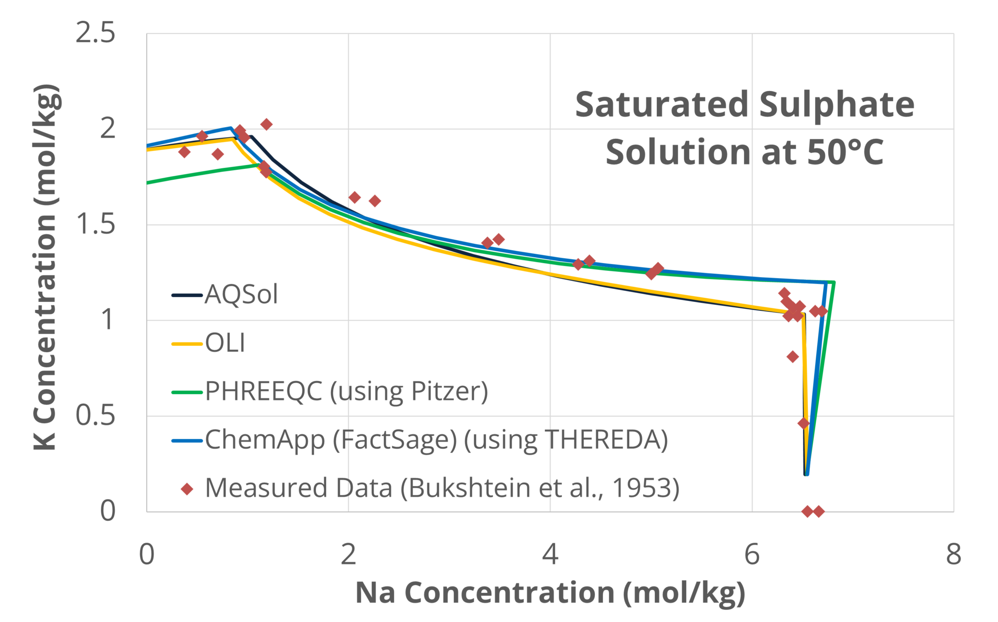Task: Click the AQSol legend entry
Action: tap(241, 295)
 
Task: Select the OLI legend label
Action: tap(225, 343)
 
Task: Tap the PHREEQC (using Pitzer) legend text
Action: tap(346, 391)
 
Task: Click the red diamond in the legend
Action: tap(187, 489)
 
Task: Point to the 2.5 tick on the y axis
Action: tap(96, 33)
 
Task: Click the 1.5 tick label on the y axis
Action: tap(96, 225)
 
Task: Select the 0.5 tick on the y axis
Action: tap(96, 415)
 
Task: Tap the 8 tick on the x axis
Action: tap(953, 554)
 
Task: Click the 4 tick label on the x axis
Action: tap(550, 554)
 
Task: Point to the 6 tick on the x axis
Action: tap(752, 554)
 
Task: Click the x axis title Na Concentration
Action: tap(550, 593)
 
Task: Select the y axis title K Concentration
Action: tap(46, 267)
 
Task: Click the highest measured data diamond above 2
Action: tap(266, 124)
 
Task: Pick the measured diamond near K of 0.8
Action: tap(792, 357)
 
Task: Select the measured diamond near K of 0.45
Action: tap(803, 423)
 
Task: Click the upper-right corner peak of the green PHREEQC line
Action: tap(834, 282)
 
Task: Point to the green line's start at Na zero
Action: tap(148, 183)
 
